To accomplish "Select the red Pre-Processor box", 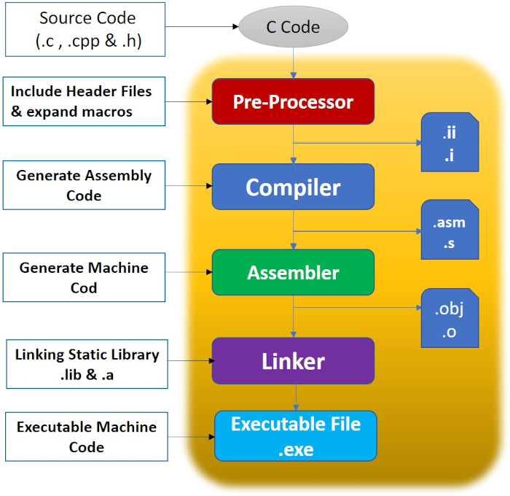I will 293,101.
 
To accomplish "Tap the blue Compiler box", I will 293,187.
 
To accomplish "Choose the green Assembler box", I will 293,273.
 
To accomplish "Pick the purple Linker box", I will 293,360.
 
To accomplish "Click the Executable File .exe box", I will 296,435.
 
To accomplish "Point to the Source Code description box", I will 86,30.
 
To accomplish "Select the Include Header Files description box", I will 81,101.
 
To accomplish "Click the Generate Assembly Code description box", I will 84,186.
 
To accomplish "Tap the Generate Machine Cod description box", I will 84,277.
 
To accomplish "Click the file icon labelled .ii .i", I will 449,143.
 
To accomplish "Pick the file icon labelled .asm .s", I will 449,230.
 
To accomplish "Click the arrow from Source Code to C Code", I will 205,28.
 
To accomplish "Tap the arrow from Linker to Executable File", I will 295,397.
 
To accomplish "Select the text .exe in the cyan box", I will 296,449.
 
